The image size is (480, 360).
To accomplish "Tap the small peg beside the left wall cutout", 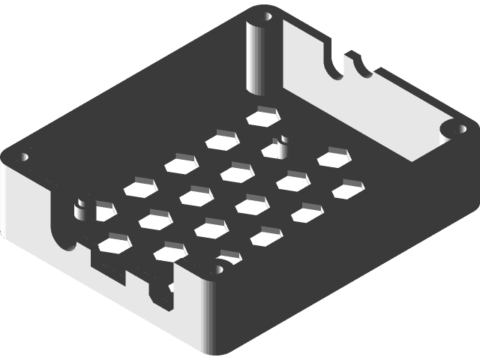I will click(79, 203).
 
